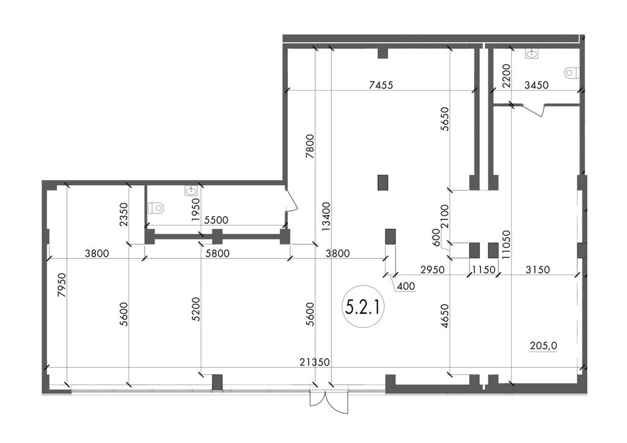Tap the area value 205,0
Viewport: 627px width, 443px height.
click(544, 346)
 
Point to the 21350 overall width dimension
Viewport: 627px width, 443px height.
click(315, 362)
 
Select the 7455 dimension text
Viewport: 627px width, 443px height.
click(381, 85)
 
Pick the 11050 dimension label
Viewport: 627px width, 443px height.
click(506, 245)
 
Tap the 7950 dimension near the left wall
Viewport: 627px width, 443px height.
click(61, 285)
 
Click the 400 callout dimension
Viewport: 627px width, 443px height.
click(407, 286)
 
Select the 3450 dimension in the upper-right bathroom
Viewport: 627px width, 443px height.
click(536, 85)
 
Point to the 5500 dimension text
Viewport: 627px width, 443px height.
click(216, 220)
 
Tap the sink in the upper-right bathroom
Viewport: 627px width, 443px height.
click(532, 53)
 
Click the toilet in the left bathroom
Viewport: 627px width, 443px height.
click(156, 208)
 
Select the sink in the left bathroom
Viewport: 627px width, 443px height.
click(190, 191)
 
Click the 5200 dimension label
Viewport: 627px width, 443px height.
click(195, 309)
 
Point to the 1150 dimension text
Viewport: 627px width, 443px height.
click(484, 270)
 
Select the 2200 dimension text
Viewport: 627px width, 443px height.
click(506, 76)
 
